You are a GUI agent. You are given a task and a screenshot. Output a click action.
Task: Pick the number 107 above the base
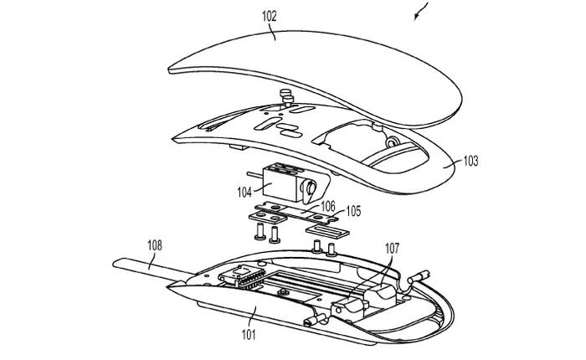(x=392, y=247)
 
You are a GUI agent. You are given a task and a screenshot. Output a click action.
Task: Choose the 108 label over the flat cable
(x=156, y=246)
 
